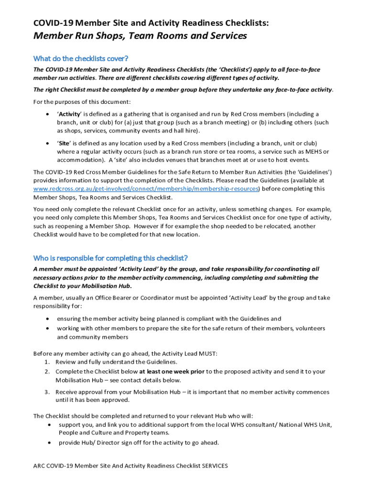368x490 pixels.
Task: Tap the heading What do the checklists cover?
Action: [80, 58]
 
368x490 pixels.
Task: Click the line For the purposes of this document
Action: [82, 101]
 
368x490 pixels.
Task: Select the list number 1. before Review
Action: [48, 362]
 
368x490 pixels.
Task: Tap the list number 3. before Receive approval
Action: [48, 392]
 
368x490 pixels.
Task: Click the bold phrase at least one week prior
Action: [172, 371]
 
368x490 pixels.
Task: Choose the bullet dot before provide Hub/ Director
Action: [49, 443]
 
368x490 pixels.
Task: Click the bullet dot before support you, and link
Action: [49, 424]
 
